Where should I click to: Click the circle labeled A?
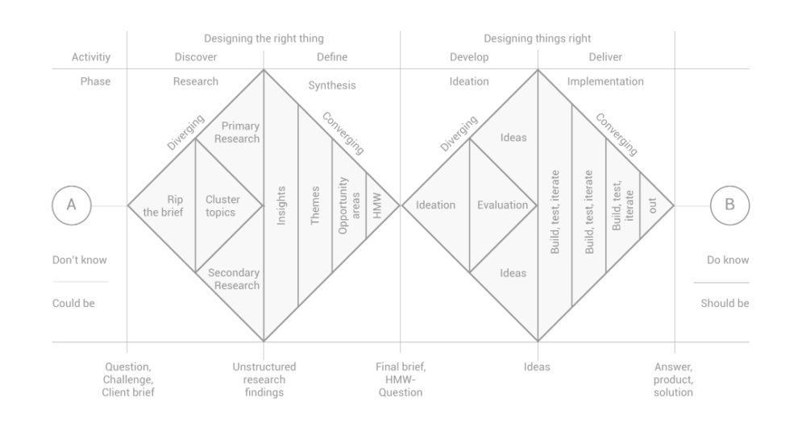click(72, 186)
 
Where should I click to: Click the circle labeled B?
click(730, 186)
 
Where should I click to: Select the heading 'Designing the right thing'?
click(264, 39)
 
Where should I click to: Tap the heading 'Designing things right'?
click(537, 39)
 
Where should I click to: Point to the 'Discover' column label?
click(196, 57)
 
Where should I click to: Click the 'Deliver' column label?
click(605, 57)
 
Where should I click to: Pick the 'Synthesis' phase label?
click(332, 85)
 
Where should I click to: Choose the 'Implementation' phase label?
click(605, 81)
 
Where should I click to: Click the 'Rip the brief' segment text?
click(163, 206)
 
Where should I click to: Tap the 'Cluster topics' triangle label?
click(222, 206)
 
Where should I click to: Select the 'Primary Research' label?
click(237, 132)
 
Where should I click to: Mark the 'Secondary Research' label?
click(234, 279)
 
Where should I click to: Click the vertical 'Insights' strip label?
click(281, 205)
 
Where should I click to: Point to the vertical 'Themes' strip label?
click(315, 205)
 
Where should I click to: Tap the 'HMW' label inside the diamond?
click(377, 205)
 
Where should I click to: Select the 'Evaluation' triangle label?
click(502, 205)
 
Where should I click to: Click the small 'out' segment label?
click(652, 206)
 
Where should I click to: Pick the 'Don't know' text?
click(80, 260)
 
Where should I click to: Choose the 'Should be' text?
click(725, 304)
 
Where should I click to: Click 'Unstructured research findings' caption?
click(264, 380)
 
